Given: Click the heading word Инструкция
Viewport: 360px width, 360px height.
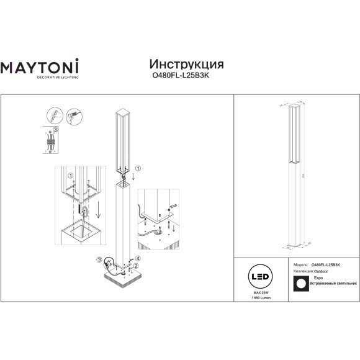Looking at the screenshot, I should click(187, 65).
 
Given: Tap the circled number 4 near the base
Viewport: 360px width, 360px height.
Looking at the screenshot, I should click(138, 258).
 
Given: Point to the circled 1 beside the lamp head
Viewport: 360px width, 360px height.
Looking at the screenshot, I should click(138, 168).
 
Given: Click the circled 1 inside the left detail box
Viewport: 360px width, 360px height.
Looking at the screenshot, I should click(71, 176).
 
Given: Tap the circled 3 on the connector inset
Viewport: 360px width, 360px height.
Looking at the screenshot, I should click(56, 129).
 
